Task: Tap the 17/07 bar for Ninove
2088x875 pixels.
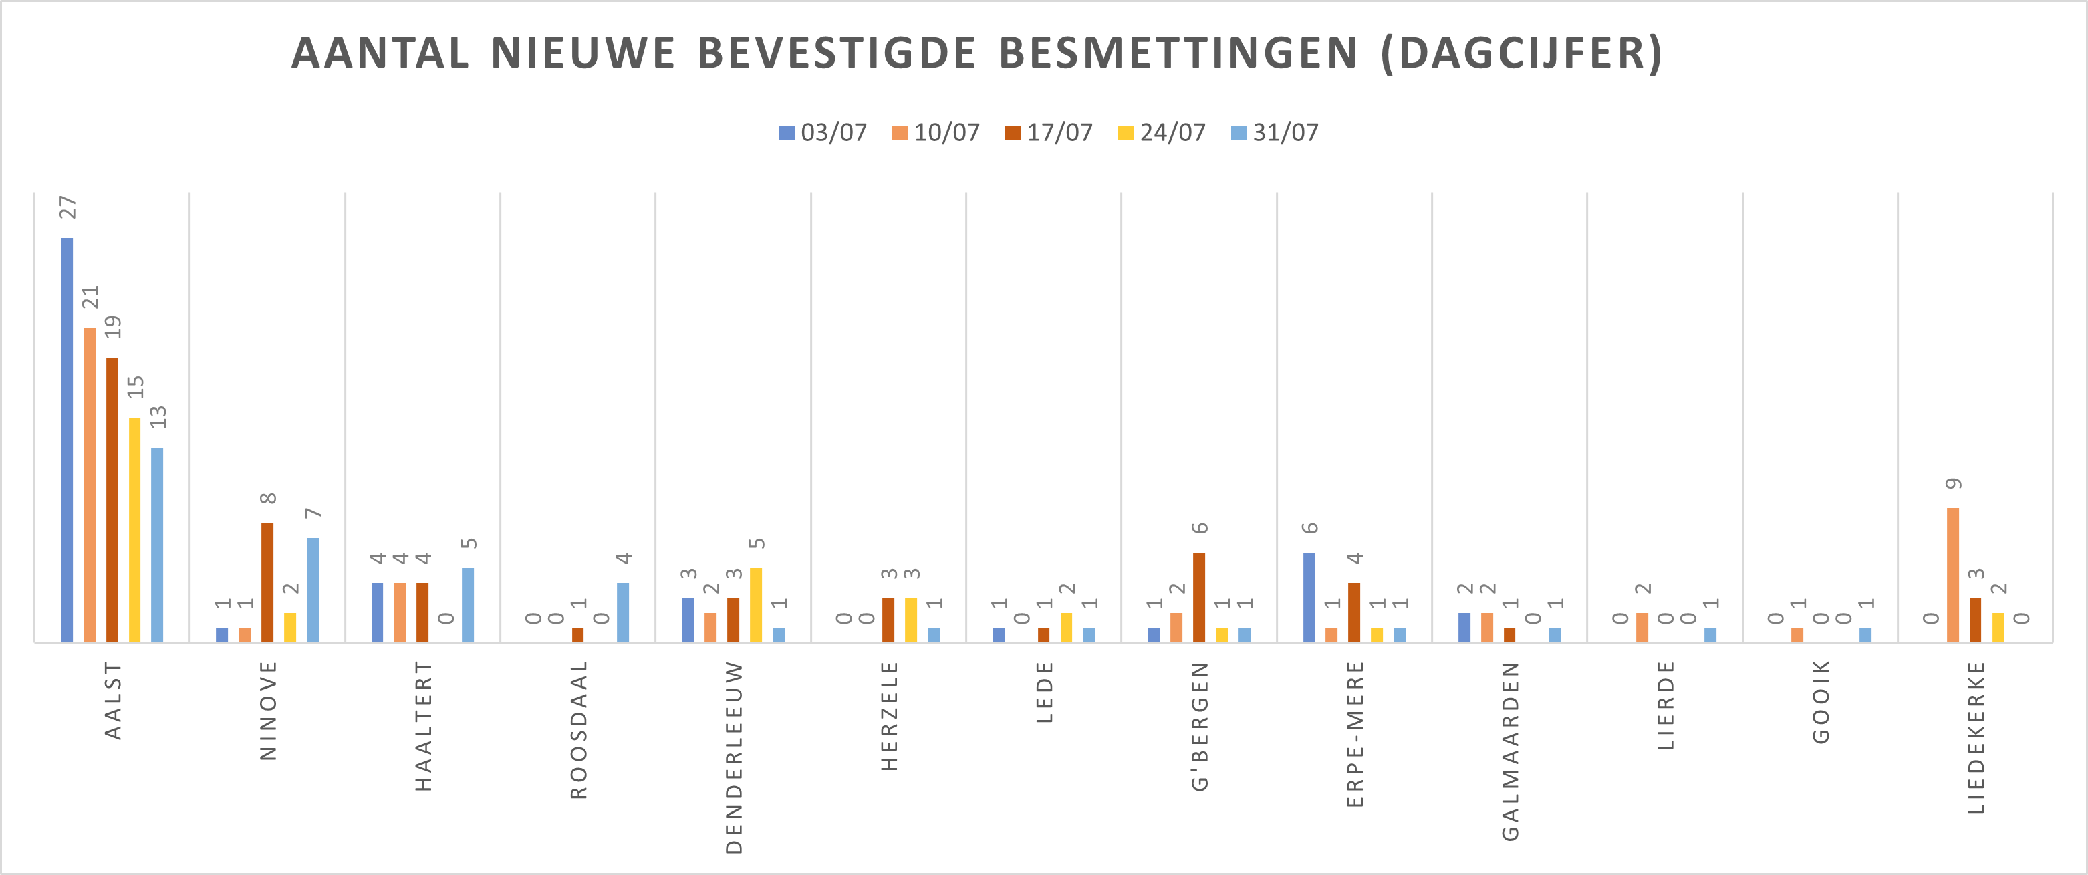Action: pyautogui.click(x=267, y=582)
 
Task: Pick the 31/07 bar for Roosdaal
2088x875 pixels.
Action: pyautogui.click(x=622, y=612)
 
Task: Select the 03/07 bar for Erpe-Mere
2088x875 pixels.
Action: pyautogui.click(x=1309, y=597)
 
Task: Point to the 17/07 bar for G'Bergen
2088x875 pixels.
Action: pyautogui.click(x=1199, y=597)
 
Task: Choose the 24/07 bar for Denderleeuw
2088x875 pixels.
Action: pyautogui.click(x=755, y=605)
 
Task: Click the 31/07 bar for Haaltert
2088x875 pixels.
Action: pyautogui.click(x=468, y=605)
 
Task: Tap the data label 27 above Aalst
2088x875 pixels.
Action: pyautogui.click(x=68, y=208)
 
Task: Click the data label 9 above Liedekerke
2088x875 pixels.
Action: pyautogui.click(x=1954, y=484)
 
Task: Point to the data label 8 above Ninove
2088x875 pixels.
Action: pyautogui.click(x=268, y=498)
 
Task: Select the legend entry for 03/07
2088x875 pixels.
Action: pyautogui.click(x=823, y=132)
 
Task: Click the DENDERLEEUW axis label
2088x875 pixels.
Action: pyautogui.click(x=734, y=757)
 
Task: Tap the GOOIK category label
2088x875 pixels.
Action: pyautogui.click(x=1821, y=703)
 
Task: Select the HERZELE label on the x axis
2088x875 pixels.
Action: pyautogui.click(x=889, y=716)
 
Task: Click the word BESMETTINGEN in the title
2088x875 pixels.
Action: pyautogui.click(x=1178, y=53)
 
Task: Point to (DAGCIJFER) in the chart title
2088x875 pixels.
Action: pyautogui.click(x=1521, y=53)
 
